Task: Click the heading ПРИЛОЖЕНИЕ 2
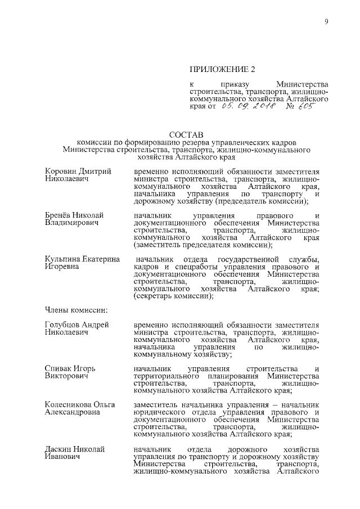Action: (222, 69)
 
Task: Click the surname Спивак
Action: (59, 368)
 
